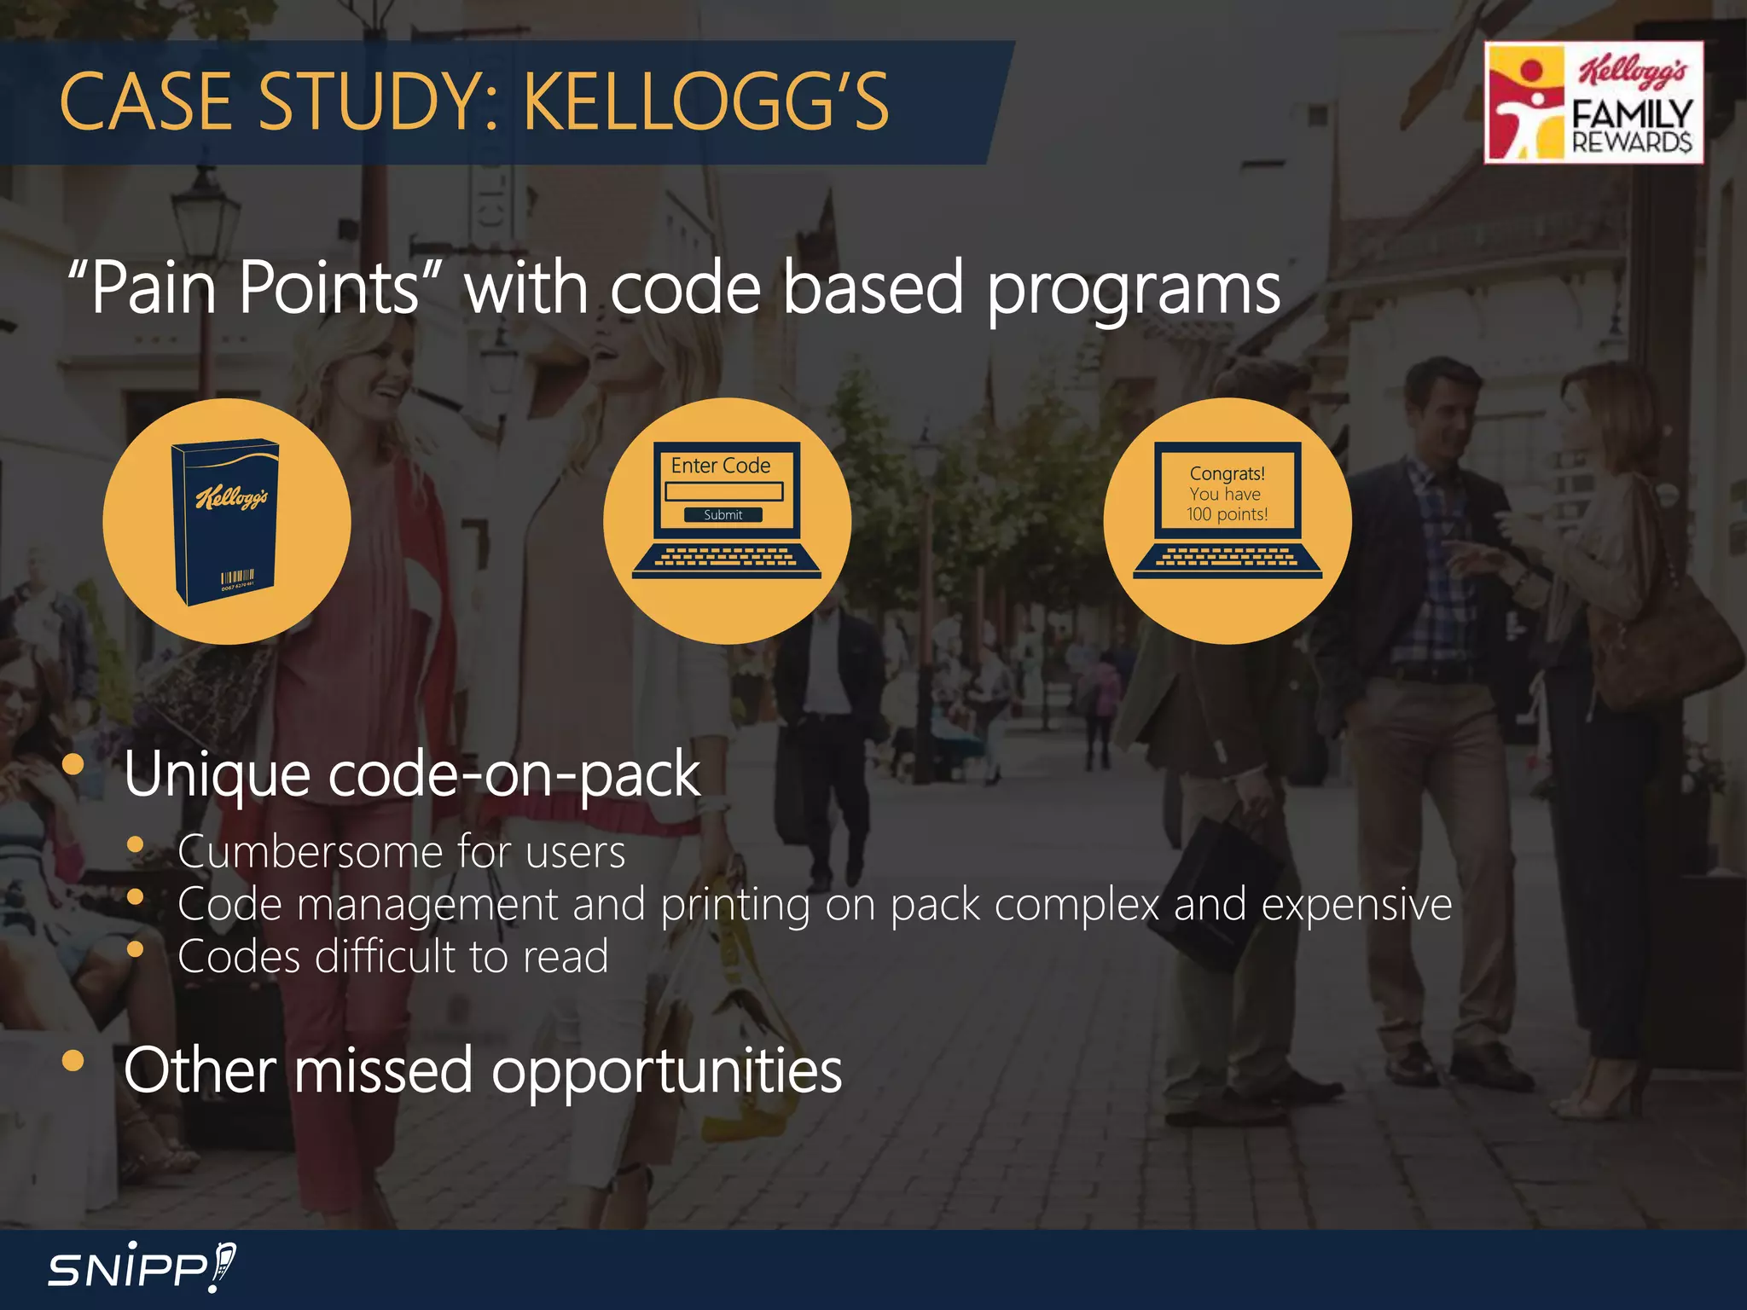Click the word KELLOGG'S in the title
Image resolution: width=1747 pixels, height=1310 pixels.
pyautogui.click(x=706, y=102)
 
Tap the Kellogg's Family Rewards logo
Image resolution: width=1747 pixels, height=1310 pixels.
pyautogui.click(x=1593, y=102)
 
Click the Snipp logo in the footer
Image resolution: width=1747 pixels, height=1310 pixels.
pyautogui.click(x=141, y=1267)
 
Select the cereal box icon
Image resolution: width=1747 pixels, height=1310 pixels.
pyautogui.click(x=226, y=522)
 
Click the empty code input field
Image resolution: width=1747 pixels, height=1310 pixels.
pyautogui.click(x=724, y=491)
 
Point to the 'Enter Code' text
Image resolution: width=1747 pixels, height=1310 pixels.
pyautogui.click(x=721, y=466)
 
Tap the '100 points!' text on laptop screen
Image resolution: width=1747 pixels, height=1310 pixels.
pyautogui.click(x=1227, y=514)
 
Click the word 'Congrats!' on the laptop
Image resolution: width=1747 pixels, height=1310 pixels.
pyautogui.click(x=1227, y=473)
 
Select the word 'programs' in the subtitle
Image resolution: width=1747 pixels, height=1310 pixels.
pyautogui.click(x=1134, y=290)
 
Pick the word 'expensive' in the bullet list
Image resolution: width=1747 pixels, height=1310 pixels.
pyautogui.click(x=1356, y=904)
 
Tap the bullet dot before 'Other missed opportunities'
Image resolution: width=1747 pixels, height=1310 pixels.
pyautogui.click(x=73, y=1060)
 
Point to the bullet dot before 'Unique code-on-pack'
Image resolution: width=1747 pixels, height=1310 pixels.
pyautogui.click(x=73, y=763)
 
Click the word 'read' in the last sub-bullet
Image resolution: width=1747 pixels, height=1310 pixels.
pyautogui.click(x=566, y=956)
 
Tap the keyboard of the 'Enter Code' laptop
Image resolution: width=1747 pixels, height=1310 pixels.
pyautogui.click(x=726, y=558)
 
